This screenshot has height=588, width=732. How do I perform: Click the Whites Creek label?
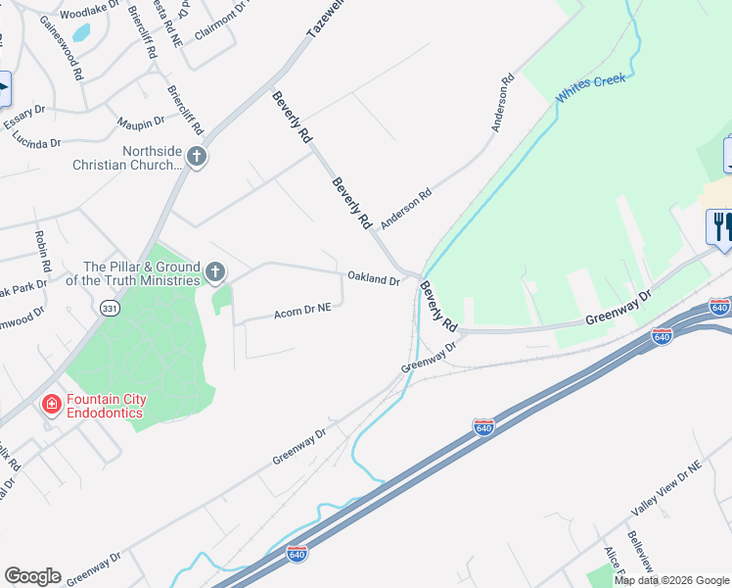click(x=590, y=89)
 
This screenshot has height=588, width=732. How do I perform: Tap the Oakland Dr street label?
click(x=374, y=280)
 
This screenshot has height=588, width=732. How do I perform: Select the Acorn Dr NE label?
click(x=302, y=311)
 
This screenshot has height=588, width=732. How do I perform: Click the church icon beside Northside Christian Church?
click(x=197, y=157)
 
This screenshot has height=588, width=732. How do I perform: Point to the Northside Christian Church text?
click(x=126, y=158)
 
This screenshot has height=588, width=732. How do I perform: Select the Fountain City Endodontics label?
click(x=105, y=406)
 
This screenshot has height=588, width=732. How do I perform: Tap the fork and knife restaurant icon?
click(x=720, y=226)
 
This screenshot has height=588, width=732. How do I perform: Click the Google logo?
click(x=32, y=576)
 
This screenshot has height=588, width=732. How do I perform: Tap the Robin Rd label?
click(x=43, y=252)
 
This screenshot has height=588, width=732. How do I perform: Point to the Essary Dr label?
click(x=24, y=118)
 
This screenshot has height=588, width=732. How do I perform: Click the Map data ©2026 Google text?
click(x=672, y=580)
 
